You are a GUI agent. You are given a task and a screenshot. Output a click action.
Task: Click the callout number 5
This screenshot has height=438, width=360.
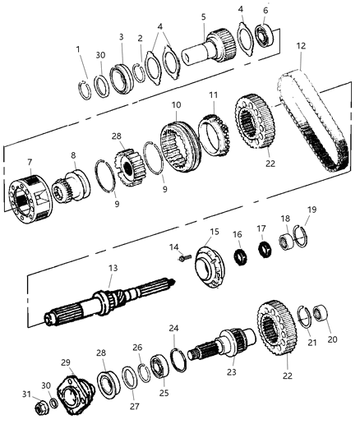(x=202, y=16)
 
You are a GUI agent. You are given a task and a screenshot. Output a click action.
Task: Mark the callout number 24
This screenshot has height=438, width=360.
(x=173, y=328)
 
